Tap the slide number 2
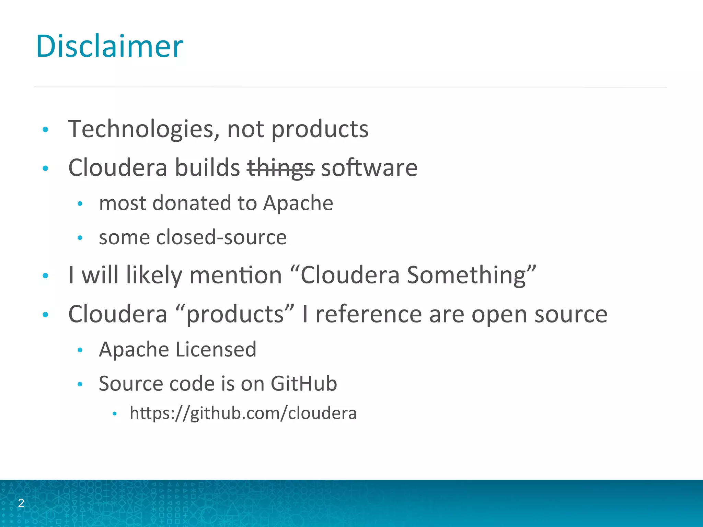[21, 503]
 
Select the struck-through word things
[280, 168]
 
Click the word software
[369, 168]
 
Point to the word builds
[207, 168]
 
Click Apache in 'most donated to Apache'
[298, 203]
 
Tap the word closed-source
[221, 237]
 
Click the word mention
[235, 276]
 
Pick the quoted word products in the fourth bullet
[235, 314]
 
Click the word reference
[368, 314]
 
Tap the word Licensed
[216, 350]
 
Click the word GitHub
[303, 384]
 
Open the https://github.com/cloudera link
[243, 413]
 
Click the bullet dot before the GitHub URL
[115, 414]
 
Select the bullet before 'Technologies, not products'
[45, 130]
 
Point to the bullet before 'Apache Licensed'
[80, 350]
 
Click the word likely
[154, 276]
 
